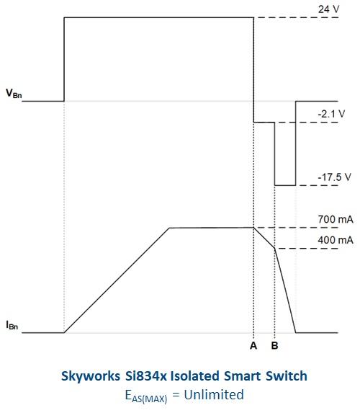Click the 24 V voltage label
329,9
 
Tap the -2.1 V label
331,114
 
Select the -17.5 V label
335,177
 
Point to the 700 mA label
336,219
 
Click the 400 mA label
336,240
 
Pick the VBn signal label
14,94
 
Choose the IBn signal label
12,325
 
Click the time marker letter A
253,345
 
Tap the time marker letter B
275,345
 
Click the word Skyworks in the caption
91,376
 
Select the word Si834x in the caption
145,376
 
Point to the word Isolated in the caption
194,376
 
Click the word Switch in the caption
287,376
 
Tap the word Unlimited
214,394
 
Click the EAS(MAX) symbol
146,396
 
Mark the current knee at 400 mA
275,248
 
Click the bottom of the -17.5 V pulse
285,185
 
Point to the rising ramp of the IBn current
117,280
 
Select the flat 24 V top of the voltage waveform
159,17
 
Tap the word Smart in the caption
243,376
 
